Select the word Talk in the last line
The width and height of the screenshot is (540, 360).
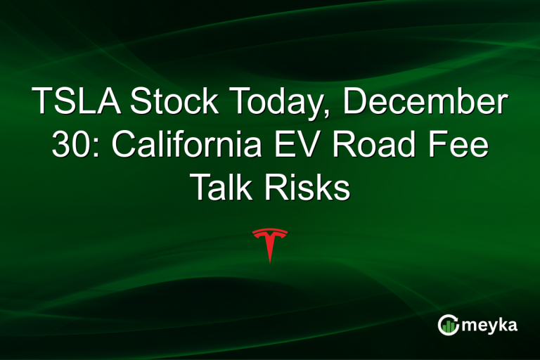coord(223,188)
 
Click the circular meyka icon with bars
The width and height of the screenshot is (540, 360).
coord(448,325)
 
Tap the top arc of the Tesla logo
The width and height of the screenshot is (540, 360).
coord(270,230)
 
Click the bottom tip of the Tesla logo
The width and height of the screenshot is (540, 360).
coord(270,262)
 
